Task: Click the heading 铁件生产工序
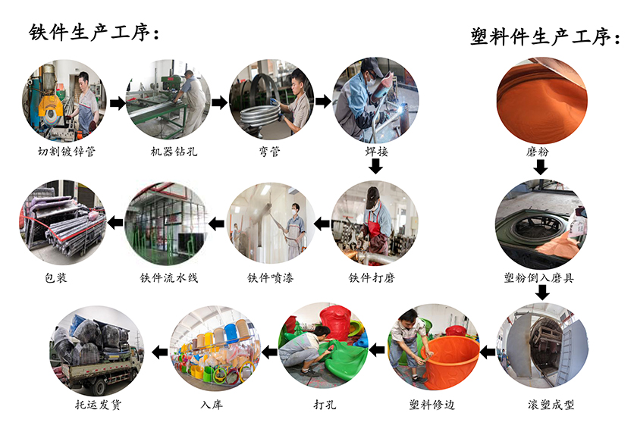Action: click(x=95, y=33)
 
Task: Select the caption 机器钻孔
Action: click(x=169, y=152)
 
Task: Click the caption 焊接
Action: click(x=375, y=152)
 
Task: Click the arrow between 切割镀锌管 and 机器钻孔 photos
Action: click(x=117, y=102)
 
